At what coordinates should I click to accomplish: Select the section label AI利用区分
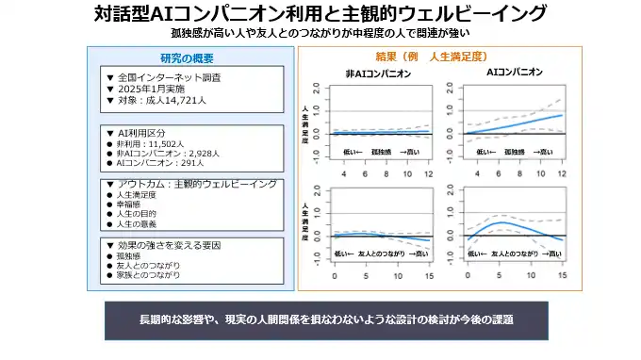141,134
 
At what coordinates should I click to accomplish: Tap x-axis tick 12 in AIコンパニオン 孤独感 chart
563,174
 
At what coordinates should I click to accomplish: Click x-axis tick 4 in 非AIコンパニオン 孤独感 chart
343,174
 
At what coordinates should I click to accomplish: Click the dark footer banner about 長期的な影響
326,319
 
